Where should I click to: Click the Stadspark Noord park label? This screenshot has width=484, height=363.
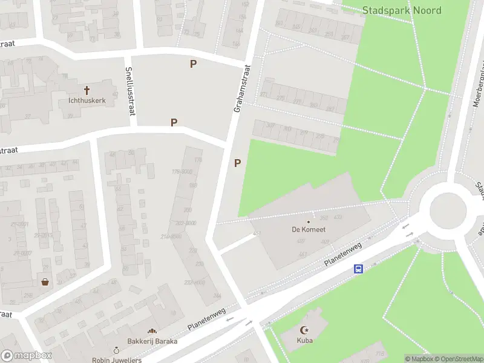(x=402, y=10)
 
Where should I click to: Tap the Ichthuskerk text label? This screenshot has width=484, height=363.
(x=87, y=100)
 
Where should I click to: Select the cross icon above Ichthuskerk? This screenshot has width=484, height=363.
(x=87, y=90)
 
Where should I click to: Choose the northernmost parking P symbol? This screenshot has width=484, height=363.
(x=194, y=64)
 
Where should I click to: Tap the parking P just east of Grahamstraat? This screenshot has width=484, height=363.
(x=237, y=162)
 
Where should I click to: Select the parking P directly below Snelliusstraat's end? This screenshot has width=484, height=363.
(x=174, y=122)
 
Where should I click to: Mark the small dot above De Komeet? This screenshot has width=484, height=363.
(x=308, y=221)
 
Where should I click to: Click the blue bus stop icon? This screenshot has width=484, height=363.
(x=358, y=269)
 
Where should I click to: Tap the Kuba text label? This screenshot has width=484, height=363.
(x=304, y=341)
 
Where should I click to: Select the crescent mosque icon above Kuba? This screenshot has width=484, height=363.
(x=304, y=330)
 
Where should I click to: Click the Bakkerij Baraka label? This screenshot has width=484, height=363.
(x=152, y=341)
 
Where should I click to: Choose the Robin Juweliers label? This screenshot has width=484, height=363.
(x=117, y=360)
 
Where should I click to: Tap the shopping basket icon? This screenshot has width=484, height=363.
(x=45, y=281)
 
